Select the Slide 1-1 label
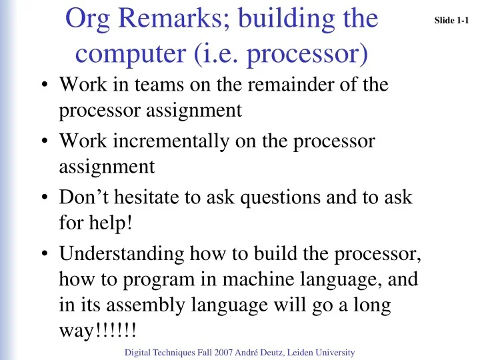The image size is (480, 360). pyautogui.click(x=452, y=21)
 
